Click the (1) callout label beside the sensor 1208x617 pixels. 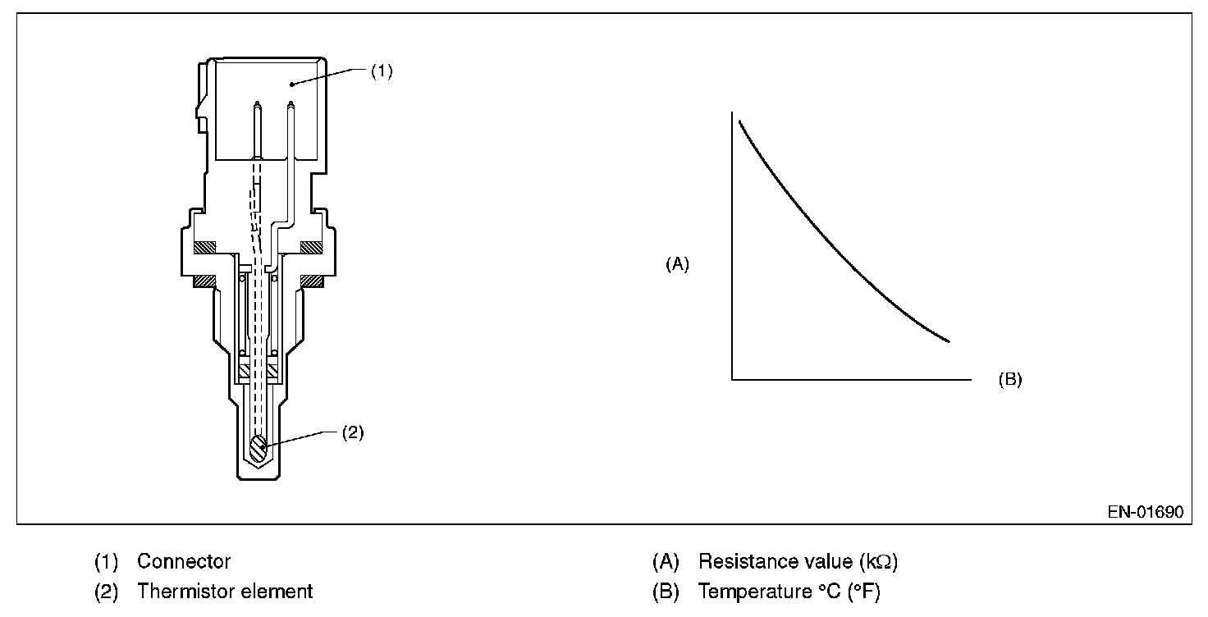pos(382,71)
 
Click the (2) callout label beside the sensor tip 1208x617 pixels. pos(352,432)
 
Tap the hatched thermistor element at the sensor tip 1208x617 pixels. pos(258,447)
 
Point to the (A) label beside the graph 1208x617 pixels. pos(677,264)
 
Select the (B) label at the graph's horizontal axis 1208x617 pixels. pos(1009,380)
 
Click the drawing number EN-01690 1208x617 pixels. pos(1145,512)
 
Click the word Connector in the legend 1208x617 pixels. pos(184,562)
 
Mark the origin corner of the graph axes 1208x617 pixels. pos(731,380)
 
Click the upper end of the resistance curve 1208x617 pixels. pos(740,121)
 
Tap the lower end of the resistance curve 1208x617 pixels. pos(949,340)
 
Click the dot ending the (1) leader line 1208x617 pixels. pos(291,83)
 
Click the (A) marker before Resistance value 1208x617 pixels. pos(666,562)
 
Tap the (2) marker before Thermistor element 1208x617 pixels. pos(107,591)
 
